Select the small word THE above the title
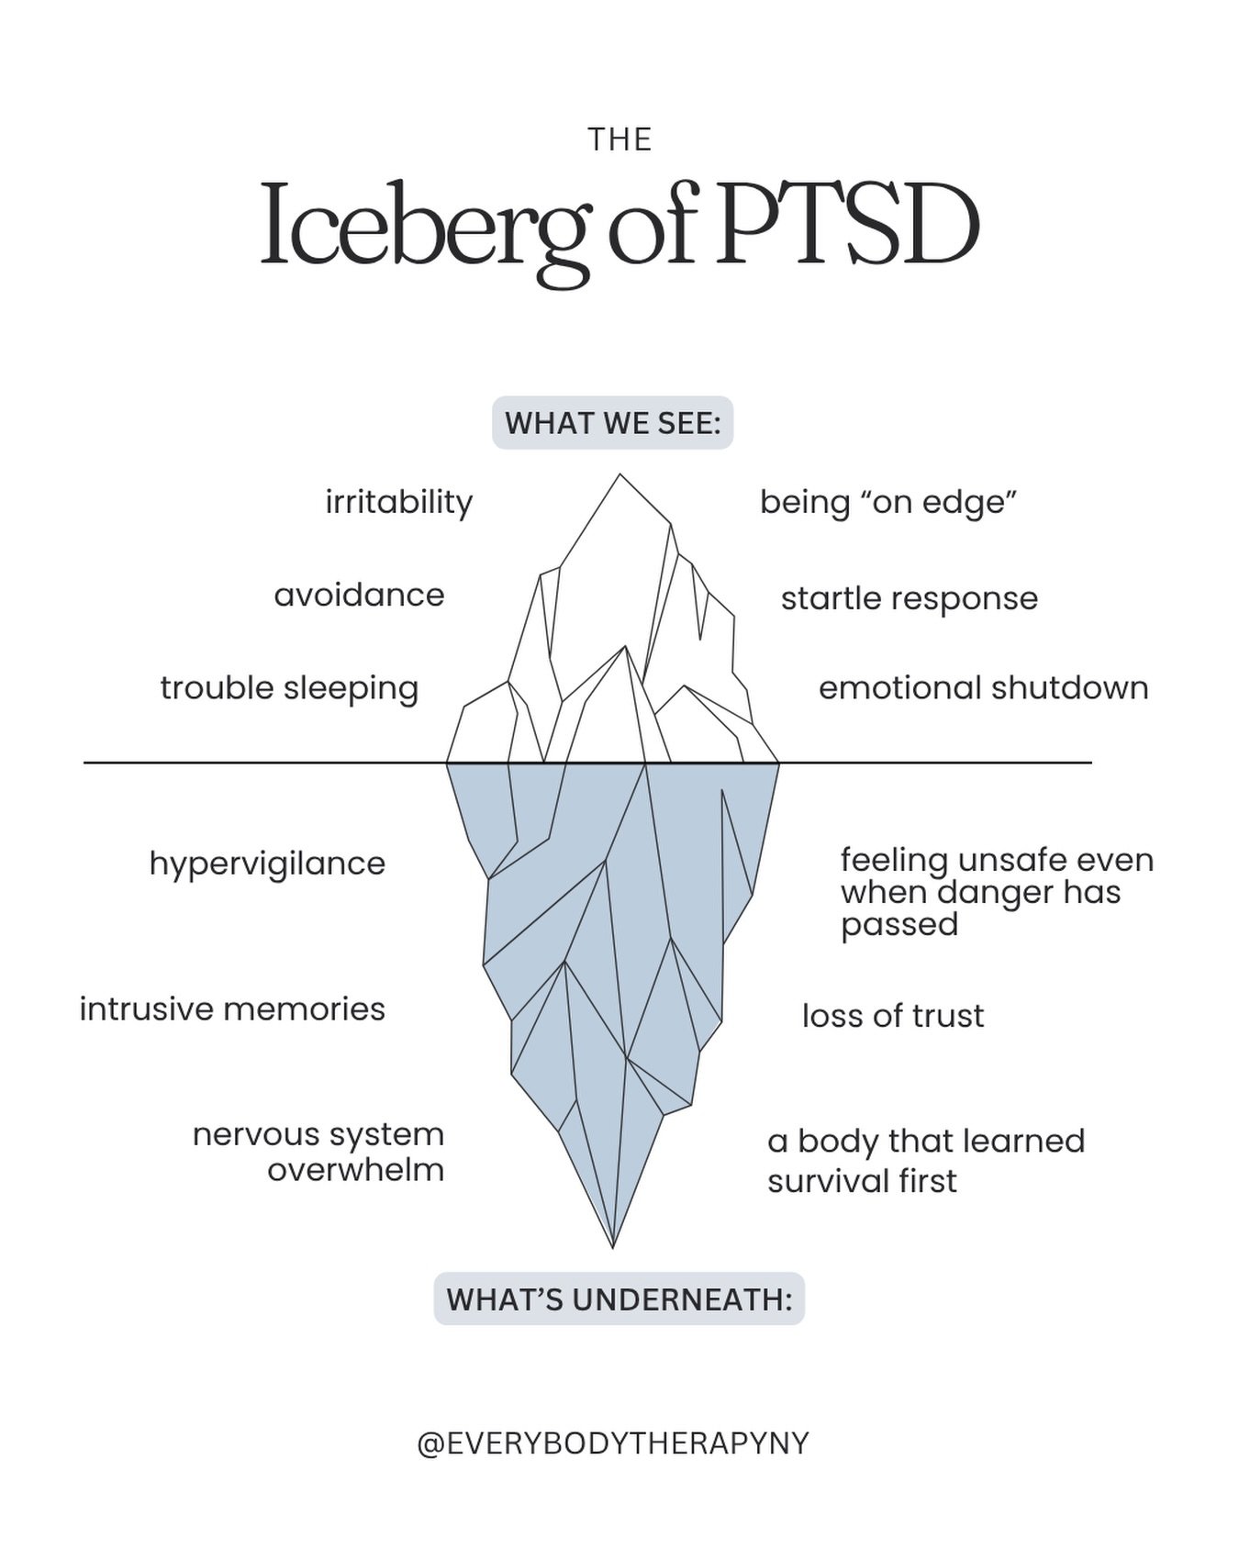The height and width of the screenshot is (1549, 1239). point(619,140)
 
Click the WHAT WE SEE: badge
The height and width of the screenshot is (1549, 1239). point(612,423)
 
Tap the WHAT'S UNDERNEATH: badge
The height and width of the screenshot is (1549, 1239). point(619,1298)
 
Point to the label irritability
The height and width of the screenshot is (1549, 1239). point(398,502)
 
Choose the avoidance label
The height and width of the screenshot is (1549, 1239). point(359,595)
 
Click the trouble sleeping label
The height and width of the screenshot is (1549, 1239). point(289,688)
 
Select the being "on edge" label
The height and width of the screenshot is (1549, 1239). point(888,502)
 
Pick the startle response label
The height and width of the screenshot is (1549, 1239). point(909,598)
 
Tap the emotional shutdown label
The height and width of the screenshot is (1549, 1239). point(983,688)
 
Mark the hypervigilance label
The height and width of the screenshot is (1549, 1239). point(267,864)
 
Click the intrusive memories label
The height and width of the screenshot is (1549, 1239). point(232,1009)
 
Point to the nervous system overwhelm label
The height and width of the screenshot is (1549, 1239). point(318,1152)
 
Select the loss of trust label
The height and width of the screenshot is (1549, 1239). point(892,1016)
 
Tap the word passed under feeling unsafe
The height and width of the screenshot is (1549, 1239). point(899,925)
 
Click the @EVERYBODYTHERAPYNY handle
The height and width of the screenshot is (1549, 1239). point(612,1443)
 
